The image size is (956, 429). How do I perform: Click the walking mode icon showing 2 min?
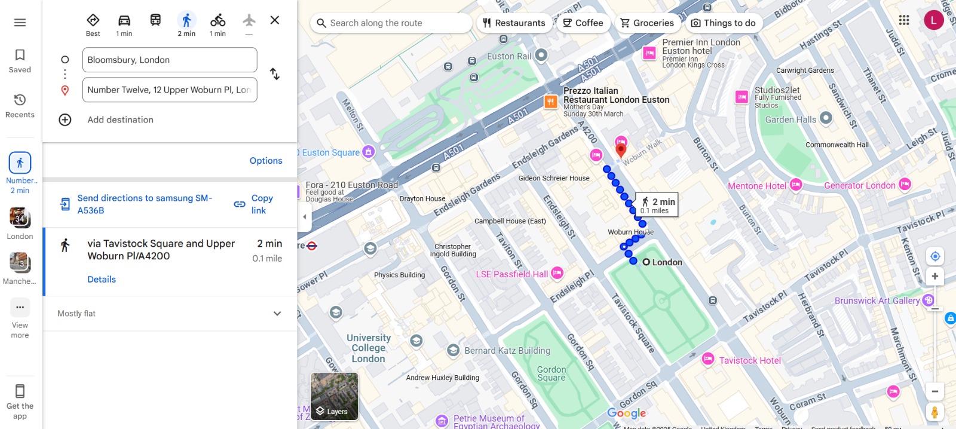(x=186, y=21)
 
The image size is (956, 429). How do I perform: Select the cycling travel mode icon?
(x=217, y=21)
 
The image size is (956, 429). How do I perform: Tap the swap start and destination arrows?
(x=274, y=74)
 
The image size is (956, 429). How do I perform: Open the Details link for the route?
(x=102, y=279)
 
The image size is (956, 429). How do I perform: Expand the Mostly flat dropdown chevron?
(x=277, y=314)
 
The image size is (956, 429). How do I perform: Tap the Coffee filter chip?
(x=583, y=23)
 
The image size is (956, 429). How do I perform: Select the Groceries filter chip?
(x=647, y=23)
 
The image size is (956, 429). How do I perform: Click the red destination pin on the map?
(x=621, y=149)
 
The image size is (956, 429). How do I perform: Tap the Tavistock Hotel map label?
(x=749, y=360)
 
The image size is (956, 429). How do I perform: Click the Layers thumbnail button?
(x=334, y=396)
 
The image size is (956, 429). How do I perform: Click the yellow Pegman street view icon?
(x=934, y=412)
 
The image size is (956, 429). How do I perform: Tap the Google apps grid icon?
(x=904, y=20)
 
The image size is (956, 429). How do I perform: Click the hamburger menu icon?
(x=20, y=23)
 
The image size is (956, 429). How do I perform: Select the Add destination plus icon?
(x=65, y=119)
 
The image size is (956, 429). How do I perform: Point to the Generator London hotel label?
(x=859, y=186)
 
